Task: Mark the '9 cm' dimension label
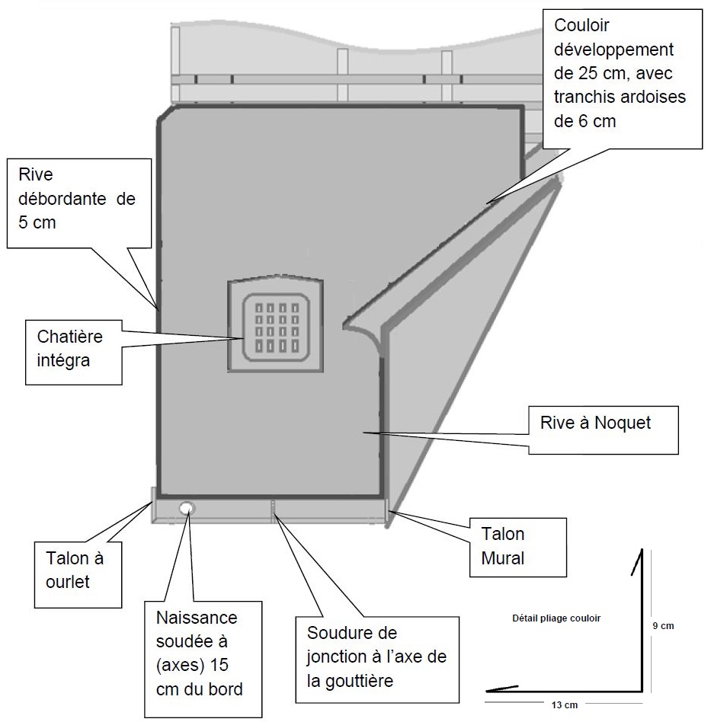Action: tap(664, 626)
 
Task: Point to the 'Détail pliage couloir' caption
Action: tap(556, 618)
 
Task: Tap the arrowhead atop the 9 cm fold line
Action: tap(637, 560)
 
